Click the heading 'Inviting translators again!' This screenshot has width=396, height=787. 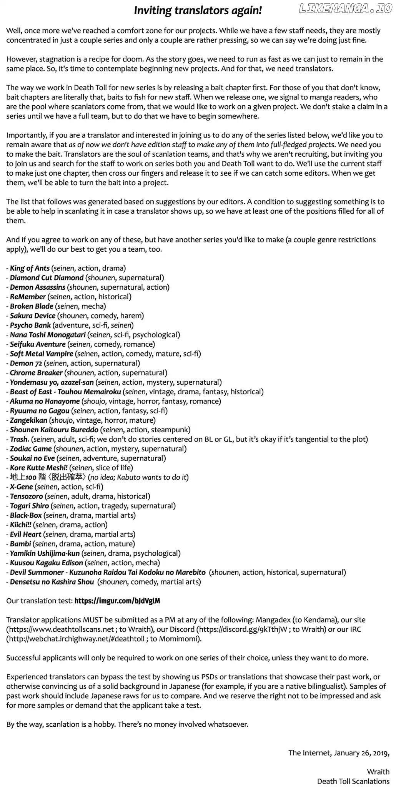point(198,11)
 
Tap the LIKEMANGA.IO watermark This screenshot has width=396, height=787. point(345,9)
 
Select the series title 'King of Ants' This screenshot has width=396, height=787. point(30,268)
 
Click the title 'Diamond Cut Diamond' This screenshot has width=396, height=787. point(47,277)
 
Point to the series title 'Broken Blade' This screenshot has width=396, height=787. point(32,306)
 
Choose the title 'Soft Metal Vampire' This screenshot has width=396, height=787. point(42,354)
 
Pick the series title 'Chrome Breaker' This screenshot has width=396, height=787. point(36,373)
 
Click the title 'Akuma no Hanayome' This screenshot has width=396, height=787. point(45,401)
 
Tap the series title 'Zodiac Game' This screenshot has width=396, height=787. point(31,449)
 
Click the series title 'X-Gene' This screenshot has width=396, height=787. point(22,487)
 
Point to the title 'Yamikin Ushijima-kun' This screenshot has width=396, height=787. point(45,553)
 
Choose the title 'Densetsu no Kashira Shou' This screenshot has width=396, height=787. point(52,582)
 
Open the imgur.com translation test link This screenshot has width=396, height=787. point(117,601)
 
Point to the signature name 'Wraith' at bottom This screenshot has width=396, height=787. point(378,772)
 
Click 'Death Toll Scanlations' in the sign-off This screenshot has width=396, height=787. point(353,781)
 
